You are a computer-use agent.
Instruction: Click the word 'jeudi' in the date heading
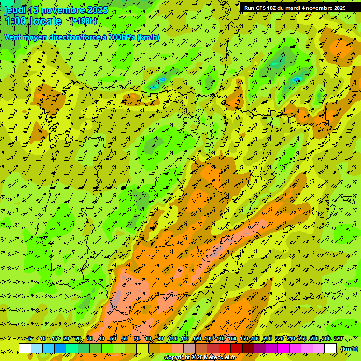[15, 10]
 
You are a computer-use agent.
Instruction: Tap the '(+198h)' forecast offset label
[84, 21]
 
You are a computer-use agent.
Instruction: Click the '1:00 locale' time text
[33, 21]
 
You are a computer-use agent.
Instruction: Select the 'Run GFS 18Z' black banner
[295, 8]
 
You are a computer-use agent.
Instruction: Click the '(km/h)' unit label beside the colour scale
[348, 348]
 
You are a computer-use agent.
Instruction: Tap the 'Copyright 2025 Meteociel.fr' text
[199, 358]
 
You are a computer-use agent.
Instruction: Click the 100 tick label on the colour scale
[173, 339]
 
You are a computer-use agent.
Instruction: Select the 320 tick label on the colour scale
[338, 339]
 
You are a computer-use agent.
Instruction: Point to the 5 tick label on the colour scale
[30, 339]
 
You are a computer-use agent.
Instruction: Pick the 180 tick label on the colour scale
[255, 339]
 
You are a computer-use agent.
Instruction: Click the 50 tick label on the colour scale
[113, 339]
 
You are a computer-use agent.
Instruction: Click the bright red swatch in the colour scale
[225, 348]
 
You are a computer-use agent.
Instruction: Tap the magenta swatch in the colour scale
[283, 348]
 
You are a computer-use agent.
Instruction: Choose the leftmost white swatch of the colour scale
[25, 348]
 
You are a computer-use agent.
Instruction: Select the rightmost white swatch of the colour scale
[330, 348]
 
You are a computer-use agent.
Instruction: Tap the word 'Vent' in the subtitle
[13, 37]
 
